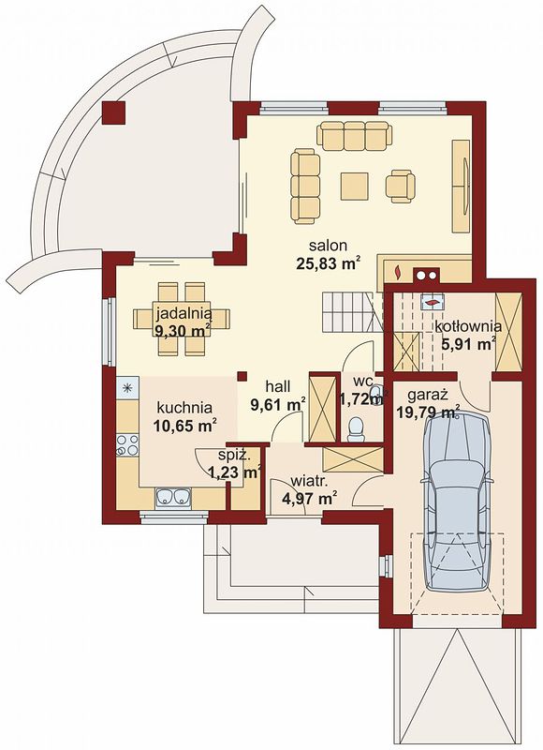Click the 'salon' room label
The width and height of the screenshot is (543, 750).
[328, 246]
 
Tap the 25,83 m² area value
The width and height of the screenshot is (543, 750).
[328, 263]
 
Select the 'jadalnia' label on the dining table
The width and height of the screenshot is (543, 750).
[183, 314]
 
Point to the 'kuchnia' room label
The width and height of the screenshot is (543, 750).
[184, 408]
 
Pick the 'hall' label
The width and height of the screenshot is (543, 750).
[278, 385]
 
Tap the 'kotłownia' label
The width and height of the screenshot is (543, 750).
[468, 326]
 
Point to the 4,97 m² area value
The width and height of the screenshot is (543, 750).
[310, 499]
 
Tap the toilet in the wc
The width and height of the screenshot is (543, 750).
[356, 428]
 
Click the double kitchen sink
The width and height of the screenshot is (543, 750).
[173, 497]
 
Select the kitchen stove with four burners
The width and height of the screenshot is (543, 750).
[127, 444]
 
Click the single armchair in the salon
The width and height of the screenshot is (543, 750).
[401, 186]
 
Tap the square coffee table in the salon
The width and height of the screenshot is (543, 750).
[355, 187]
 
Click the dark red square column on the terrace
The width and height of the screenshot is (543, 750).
[113, 112]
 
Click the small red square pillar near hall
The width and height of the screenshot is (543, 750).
[242, 376]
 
